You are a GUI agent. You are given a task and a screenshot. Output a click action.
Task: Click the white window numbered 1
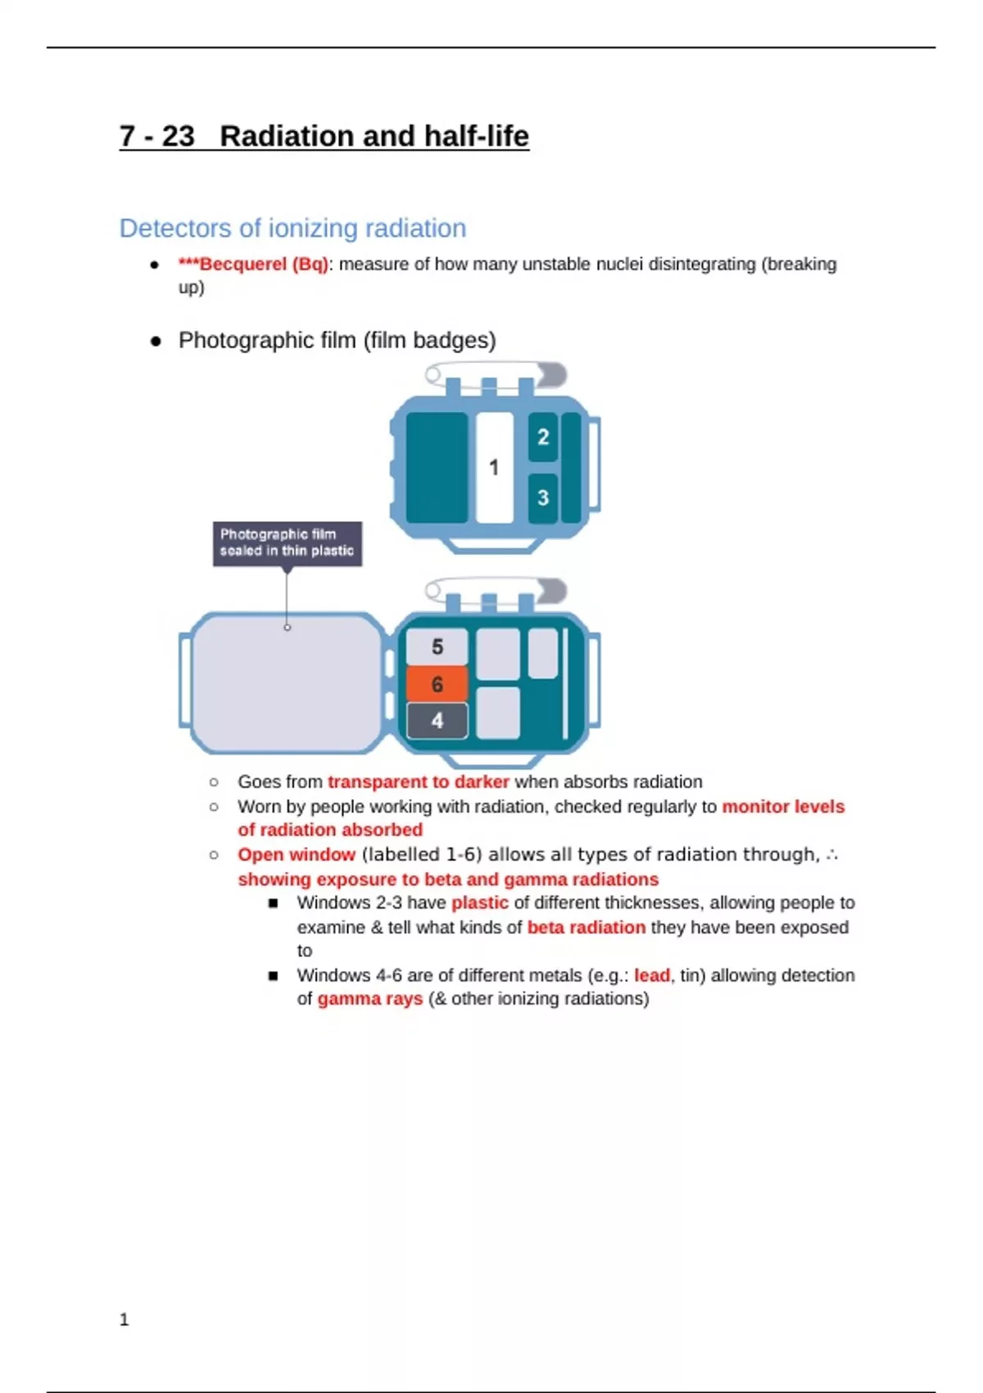point(494,467)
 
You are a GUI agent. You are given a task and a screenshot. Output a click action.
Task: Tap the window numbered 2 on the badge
point(542,437)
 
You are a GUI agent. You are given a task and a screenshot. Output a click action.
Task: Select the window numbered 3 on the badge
point(542,497)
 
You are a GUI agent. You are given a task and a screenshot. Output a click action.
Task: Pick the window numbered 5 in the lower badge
point(437,647)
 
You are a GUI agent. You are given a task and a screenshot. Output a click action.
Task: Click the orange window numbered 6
point(437,684)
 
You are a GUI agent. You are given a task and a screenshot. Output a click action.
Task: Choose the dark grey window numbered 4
point(437,720)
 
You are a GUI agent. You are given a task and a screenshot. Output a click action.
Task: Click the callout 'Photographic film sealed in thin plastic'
point(287,542)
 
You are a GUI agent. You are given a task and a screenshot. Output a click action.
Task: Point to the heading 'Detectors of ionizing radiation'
point(292,228)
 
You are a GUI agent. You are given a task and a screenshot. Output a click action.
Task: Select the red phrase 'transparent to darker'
point(418,782)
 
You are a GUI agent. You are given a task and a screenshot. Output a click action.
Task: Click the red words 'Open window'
point(297,855)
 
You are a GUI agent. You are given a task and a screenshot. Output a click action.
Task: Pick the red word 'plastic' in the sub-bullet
point(479,903)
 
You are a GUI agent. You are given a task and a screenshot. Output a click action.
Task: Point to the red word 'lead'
point(651,975)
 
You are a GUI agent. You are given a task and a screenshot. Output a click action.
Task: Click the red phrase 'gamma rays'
point(369,999)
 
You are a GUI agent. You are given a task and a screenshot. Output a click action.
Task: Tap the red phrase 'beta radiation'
point(586,928)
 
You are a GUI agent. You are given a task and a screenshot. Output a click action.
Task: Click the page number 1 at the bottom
point(125,1319)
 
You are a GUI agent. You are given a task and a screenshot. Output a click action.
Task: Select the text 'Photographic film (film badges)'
point(337,340)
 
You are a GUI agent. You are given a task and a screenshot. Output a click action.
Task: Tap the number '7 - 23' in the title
point(157,136)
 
